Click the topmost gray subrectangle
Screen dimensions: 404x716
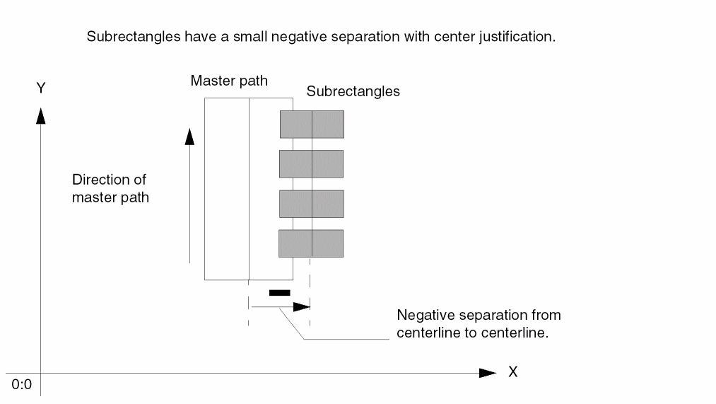pos(312,124)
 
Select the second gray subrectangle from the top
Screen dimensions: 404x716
pos(312,163)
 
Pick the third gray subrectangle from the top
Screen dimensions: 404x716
pos(312,204)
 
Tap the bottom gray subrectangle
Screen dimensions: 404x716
pos(311,243)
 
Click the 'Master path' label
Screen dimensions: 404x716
pos(229,81)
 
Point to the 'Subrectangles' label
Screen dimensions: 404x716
pos(353,91)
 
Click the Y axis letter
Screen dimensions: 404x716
pos(41,88)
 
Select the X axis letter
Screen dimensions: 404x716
pos(512,372)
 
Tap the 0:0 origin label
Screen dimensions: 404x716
pos(22,385)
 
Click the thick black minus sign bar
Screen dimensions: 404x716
pos(279,292)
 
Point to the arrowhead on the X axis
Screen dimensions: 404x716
pos(487,373)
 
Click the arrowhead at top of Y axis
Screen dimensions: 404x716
pos(41,115)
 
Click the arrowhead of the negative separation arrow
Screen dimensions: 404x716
pos(302,307)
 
